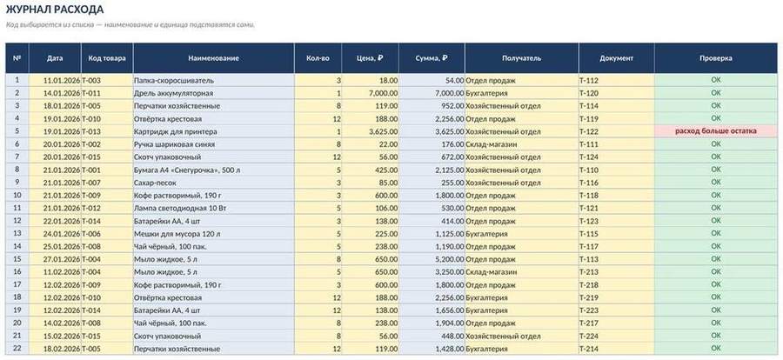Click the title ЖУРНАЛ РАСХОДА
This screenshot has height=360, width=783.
[55, 10]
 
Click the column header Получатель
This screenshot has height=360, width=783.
[521, 58]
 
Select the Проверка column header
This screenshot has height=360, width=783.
[716, 58]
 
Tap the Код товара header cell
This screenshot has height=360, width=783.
[107, 58]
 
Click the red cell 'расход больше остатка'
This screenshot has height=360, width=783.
[716, 131]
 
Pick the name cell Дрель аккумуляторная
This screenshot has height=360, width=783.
[173, 93]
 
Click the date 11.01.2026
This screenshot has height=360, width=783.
[62, 80]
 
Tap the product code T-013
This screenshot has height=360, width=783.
[90, 131]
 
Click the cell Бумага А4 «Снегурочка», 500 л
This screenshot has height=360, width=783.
[187, 170]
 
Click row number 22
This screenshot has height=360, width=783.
[17, 348]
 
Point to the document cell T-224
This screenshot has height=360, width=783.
[589, 336]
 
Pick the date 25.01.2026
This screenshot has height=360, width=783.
[62, 246]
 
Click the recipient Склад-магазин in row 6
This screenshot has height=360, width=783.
[491, 144]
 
